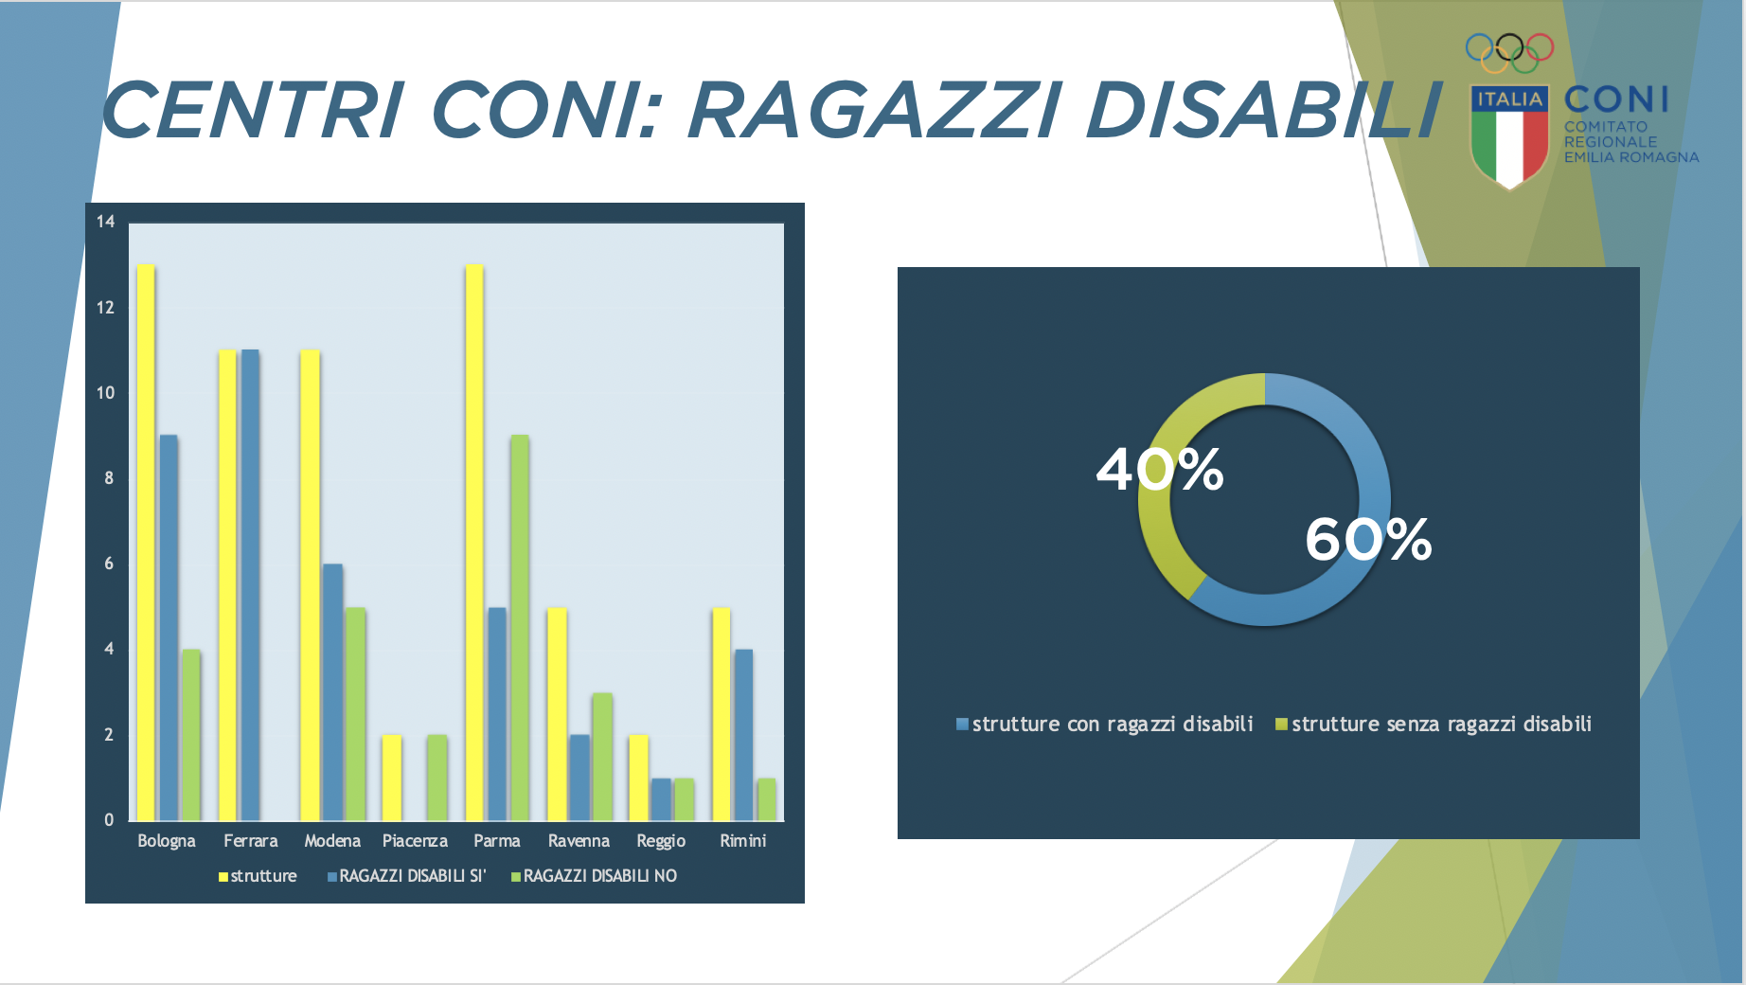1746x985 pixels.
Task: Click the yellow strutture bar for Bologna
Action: [x=146, y=542]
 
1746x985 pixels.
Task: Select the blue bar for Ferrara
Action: [x=250, y=584]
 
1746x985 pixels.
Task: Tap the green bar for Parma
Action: [x=520, y=627]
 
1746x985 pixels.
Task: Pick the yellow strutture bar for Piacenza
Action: [x=392, y=778]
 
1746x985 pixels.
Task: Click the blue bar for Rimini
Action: [x=744, y=734]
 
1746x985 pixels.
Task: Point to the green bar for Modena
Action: [x=355, y=713]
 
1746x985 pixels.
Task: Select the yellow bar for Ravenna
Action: [x=557, y=713]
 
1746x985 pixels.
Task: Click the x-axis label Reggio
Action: [x=661, y=841]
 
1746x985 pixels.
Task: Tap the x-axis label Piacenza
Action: [x=415, y=841]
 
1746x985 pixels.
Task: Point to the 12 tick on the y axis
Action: [x=105, y=307]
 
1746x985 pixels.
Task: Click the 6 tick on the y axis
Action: [x=109, y=564]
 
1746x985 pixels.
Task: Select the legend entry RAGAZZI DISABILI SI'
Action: [x=407, y=876]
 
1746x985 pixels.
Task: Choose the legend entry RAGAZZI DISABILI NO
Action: [x=595, y=876]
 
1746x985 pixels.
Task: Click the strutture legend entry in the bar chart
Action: [x=258, y=876]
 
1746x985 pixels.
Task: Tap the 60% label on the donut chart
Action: [x=1368, y=540]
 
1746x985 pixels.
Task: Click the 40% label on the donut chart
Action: [x=1160, y=470]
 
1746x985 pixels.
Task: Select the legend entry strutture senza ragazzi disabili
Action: [x=1434, y=725]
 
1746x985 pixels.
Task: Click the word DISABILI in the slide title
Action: [x=1264, y=111]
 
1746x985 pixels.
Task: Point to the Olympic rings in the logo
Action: [x=1509, y=53]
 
